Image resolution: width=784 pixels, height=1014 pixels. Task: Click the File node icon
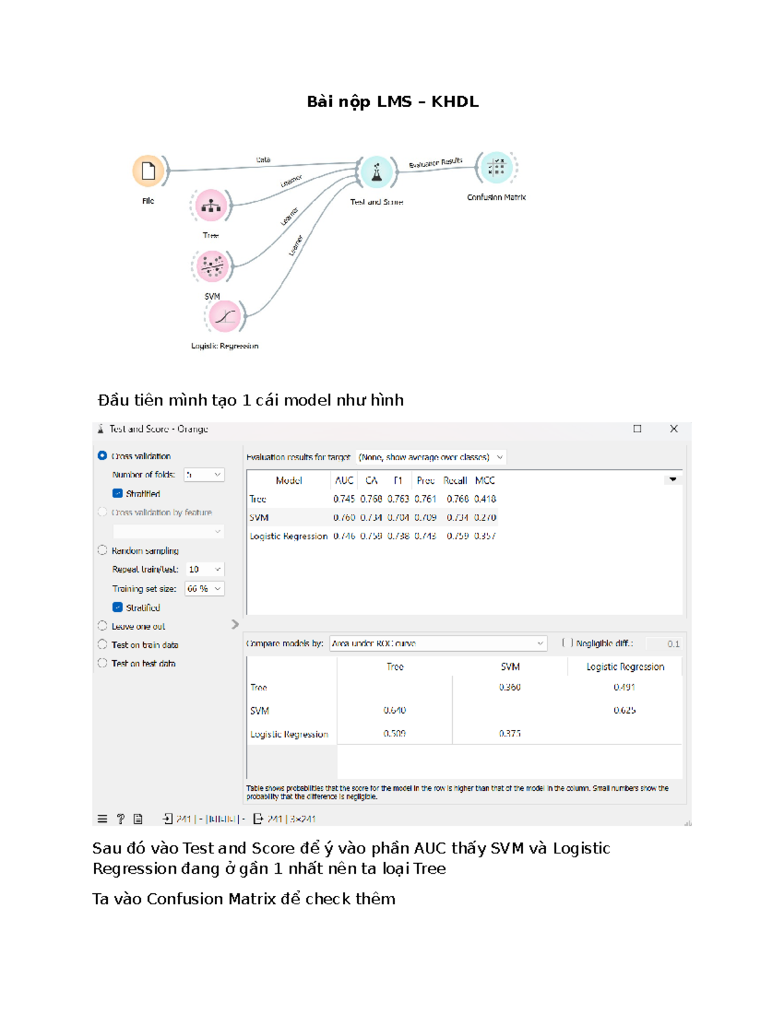pyautogui.click(x=148, y=171)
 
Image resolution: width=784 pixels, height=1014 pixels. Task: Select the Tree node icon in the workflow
pyautogui.click(x=211, y=206)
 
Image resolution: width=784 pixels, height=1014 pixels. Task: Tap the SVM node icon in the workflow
pyautogui.click(x=212, y=266)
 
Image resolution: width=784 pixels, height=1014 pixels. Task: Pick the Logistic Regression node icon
pyautogui.click(x=225, y=317)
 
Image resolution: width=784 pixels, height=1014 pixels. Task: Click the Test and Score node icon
pyautogui.click(x=376, y=172)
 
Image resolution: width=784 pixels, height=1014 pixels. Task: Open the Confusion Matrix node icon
pyautogui.click(x=497, y=168)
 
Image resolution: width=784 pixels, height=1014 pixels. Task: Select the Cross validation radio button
pyautogui.click(x=103, y=456)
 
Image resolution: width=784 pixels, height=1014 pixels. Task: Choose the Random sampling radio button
pyautogui.click(x=103, y=550)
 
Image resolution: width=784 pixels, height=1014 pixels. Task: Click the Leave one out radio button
pyautogui.click(x=103, y=626)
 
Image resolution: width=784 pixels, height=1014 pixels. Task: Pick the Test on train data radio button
pyautogui.click(x=103, y=644)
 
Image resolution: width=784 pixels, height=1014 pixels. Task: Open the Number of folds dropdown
pyautogui.click(x=204, y=475)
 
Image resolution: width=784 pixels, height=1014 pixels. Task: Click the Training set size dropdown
pyautogui.click(x=204, y=588)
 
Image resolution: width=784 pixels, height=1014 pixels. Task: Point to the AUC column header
pyautogui.click(x=344, y=481)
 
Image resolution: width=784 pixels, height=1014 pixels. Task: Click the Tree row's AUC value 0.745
pyautogui.click(x=344, y=499)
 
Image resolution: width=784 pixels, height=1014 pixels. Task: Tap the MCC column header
pyautogui.click(x=485, y=481)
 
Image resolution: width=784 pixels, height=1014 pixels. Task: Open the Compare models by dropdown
pyautogui.click(x=437, y=643)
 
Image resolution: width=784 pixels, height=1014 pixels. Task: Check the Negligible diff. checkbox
pyautogui.click(x=567, y=643)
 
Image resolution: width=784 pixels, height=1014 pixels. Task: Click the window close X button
pyautogui.click(x=674, y=429)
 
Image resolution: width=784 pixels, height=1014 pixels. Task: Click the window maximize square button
pyautogui.click(x=637, y=429)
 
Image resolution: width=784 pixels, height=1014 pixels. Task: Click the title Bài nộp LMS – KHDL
pyautogui.click(x=393, y=102)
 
